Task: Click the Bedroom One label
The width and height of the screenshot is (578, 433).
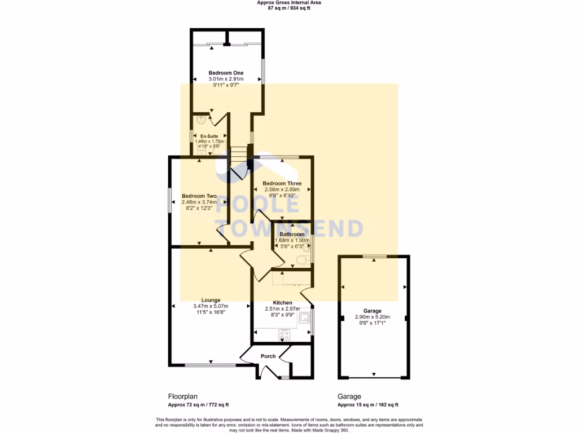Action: pyautogui.click(x=226, y=73)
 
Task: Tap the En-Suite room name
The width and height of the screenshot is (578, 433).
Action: pyautogui.click(x=209, y=136)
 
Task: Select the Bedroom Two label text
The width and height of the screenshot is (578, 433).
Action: pyautogui.click(x=199, y=196)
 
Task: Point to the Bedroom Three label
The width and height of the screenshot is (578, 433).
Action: pyautogui.click(x=282, y=183)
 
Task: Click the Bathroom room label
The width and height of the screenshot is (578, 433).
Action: pyautogui.click(x=292, y=234)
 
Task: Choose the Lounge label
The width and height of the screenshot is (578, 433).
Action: pyautogui.click(x=211, y=300)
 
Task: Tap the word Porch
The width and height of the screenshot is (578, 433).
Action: pyautogui.click(x=268, y=356)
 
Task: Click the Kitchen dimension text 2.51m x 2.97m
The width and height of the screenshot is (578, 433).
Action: pyautogui.click(x=282, y=309)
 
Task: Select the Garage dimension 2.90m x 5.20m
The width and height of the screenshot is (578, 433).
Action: pyautogui.click(x=372, y=317)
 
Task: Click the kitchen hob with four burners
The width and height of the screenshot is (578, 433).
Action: pyautogui.click(x=284, y=335)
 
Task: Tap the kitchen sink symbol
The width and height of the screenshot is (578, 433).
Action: pyautogui.click(x=305, y=319)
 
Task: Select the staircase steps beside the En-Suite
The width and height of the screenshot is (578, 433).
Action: pyautogui.click(x=238, y=153)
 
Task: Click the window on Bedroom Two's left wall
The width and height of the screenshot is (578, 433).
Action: pyautogui.click(x=170, y=200)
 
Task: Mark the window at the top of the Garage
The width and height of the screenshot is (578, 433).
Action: pyautogui.click(x=374, y=257)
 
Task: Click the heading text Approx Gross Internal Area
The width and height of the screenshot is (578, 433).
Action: pyautogui.click(x=288, y=3)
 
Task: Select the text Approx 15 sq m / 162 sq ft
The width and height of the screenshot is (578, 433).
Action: pyautogui.click(x=367, y=405)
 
